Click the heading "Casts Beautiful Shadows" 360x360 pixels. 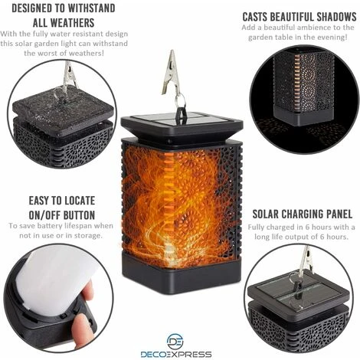pos(299,17)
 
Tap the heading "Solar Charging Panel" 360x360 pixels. pos(303,214)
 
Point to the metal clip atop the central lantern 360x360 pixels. pos(171,73)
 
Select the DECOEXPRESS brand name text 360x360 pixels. pos(176,355)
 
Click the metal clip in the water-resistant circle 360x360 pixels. pos(69,77)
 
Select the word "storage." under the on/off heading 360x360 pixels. pos(88,235)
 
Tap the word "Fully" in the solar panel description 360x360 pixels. pos(257,227)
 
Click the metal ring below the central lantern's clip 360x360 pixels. pos(180,99)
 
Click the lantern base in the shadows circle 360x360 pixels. pos(304,116)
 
